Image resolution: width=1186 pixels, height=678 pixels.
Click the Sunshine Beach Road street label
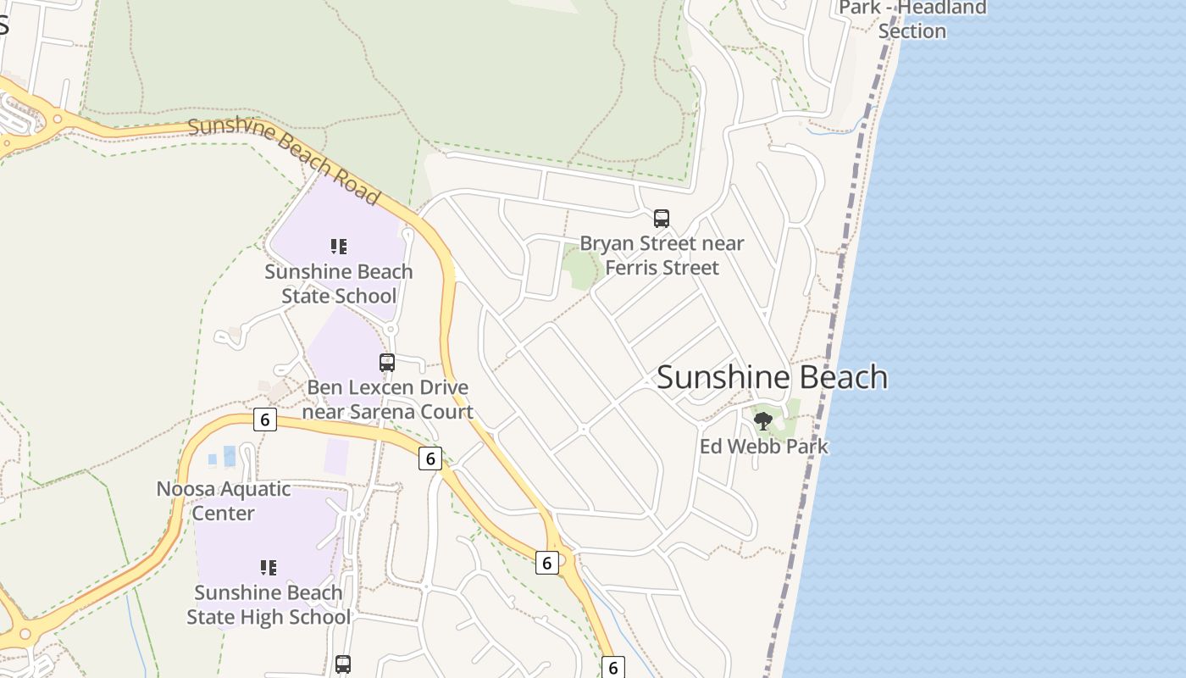point(283,160)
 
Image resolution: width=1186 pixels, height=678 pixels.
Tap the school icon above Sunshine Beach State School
point(339,247)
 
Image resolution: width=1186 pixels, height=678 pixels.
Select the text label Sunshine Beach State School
point(339,284)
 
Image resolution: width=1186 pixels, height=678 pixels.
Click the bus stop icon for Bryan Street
point(662,219)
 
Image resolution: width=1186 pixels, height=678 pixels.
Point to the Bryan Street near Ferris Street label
point(662,256)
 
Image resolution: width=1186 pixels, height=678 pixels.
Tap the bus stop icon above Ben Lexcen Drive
point(387,363)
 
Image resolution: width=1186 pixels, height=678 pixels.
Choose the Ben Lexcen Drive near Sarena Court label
point(387,400)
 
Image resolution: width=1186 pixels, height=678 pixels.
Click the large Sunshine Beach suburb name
point(772,378)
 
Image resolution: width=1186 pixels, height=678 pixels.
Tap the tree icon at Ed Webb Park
point(763,420)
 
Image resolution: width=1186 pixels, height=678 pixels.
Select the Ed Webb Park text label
point(763,447)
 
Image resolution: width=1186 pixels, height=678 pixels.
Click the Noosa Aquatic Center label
point(224,501)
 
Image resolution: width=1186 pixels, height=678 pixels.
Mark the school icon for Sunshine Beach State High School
point(269,568)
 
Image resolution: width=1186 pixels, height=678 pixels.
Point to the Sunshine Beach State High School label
point(269,604)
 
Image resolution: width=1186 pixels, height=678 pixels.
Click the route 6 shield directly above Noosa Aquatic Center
point(265,420)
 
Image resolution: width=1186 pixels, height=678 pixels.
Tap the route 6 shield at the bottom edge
point(612,667)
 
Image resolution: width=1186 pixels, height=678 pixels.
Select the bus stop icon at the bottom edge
point(343,664)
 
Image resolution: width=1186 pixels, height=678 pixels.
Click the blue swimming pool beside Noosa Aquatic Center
point(229,456)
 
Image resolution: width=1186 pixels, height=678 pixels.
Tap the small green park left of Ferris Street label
point(581,267)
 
